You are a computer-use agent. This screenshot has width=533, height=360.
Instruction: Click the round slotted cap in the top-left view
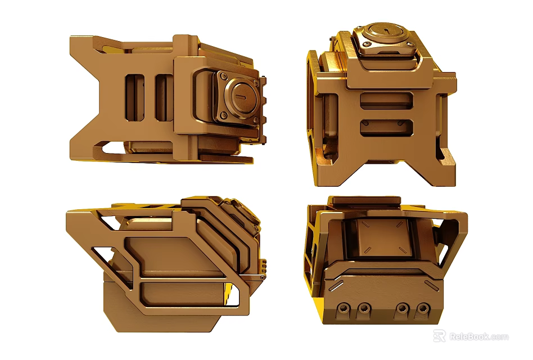243,96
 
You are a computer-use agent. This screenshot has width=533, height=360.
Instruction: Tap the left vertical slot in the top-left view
135,97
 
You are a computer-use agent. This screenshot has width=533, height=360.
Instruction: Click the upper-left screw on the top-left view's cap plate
224,76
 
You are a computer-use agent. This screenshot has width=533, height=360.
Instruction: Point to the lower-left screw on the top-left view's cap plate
224,115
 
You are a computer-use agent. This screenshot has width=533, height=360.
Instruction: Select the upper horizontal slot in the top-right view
386,101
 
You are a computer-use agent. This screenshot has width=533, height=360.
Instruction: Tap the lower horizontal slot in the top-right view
386,127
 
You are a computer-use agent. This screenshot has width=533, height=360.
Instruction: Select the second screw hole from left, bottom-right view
364,308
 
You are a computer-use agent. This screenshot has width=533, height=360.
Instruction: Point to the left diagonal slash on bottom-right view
335,285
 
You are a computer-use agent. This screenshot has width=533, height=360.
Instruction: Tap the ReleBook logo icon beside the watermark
440,336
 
